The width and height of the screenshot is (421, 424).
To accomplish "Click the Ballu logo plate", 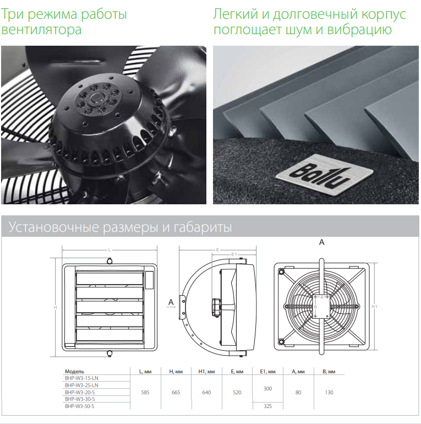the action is pyautogui.click(x=324, y=174).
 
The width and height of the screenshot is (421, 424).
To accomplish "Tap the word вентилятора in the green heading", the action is pyautogui.click(x=41, y=30).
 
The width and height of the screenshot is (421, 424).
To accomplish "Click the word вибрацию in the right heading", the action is pyautogui.click(x=359, y=30).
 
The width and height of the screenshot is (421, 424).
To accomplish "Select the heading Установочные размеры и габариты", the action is pyautogui.click(x=121, y=227).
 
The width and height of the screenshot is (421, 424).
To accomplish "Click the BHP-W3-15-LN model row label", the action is pyautogui.click(x=81, y=378).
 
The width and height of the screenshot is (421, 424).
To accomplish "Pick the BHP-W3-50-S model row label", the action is pyautogui.click(x=79, y=406).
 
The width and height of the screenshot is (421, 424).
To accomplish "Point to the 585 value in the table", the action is pyautogui.click(x=145, y=393).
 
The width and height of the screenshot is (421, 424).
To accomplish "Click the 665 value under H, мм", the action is pyautogui.click(x=176, y=393).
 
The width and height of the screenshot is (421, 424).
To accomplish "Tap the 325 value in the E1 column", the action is pyautogui.click(x=267, y=406).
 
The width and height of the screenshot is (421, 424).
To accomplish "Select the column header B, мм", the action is pyautogui.click(x=329, y=372).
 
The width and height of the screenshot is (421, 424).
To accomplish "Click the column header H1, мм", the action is pyautogui.click(x=206, y=372).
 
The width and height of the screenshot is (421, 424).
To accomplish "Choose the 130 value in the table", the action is pyautogui.click(x=329, y=393).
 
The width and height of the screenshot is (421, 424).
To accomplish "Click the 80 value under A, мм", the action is pyautogui.click(x=298, y=393).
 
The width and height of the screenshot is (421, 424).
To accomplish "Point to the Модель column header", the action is pyautogui.click(x=74, y=372).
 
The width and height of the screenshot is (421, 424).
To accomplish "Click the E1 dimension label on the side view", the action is pyautogui.click(x=234, y=254).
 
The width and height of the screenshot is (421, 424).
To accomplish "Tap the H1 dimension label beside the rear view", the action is pyautogui.click(x=374, y=307).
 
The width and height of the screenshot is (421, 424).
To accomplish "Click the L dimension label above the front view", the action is pyautogui.click(x=110, y=250).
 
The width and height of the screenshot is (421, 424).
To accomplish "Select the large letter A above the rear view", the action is pyautogui.click(x=321, y=242).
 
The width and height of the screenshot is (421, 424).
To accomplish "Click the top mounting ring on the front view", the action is pyautogui.click(x=110, y=261).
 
